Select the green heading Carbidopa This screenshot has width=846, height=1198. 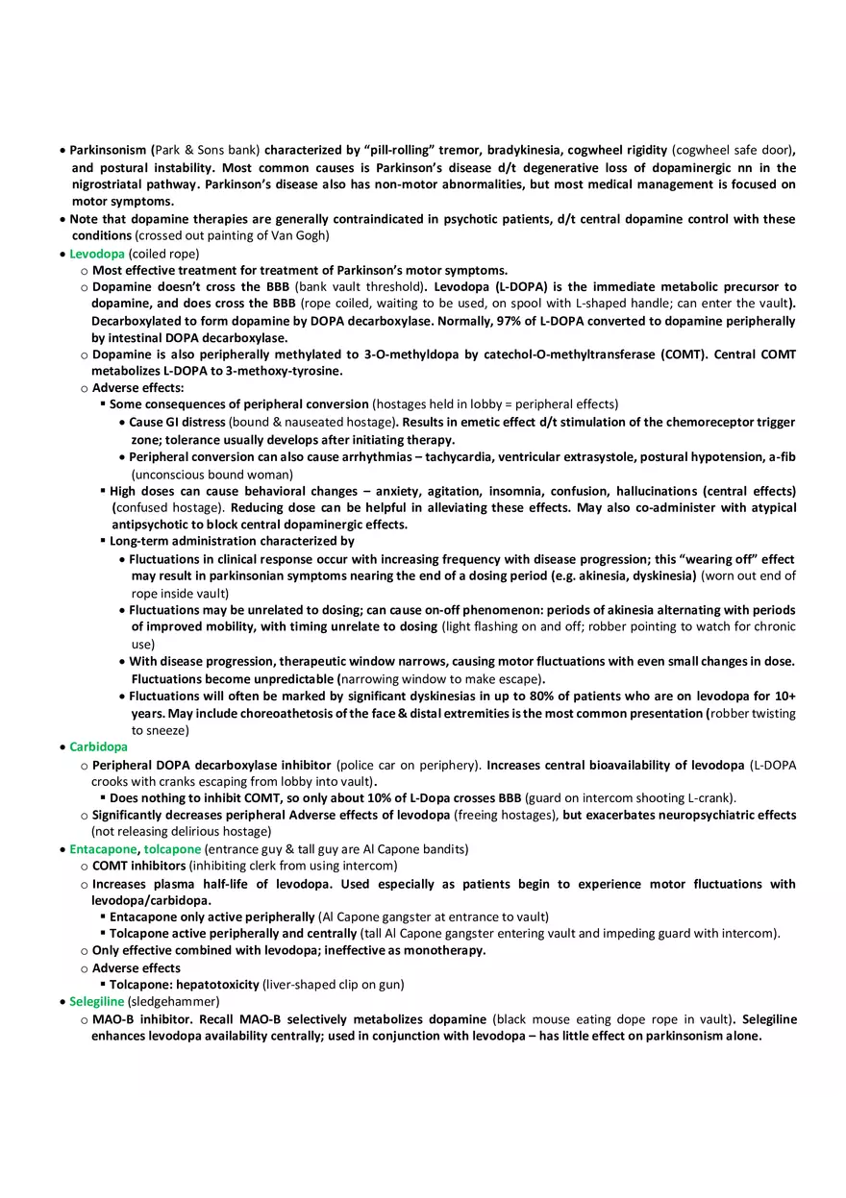tap(98, 746)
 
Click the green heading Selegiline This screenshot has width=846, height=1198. tap(96, 1001)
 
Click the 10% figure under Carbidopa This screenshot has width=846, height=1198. tap(351, 797)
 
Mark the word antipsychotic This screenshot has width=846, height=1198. tap(155, 525)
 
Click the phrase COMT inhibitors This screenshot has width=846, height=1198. tap(138, 866)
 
